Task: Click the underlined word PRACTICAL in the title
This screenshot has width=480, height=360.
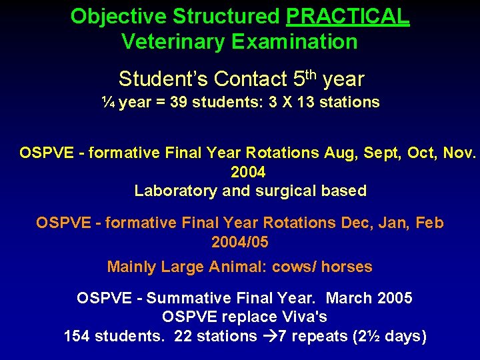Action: [348, 16]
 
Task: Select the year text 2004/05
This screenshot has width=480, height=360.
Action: [239, 241]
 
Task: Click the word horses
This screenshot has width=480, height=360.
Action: [347, 267]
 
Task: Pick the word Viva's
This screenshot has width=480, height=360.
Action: [305, 317]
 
